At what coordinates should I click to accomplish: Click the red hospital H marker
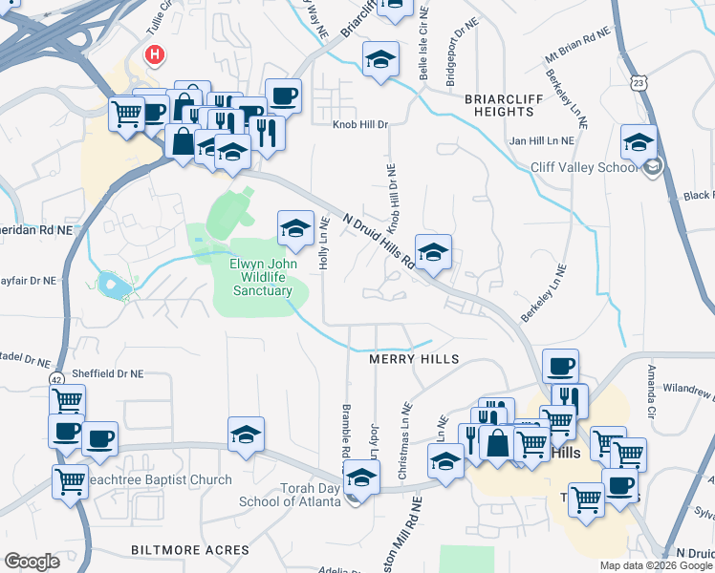tap(153, 55)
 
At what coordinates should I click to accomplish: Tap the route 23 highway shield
tap(639, 83)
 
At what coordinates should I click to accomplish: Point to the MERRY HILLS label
tap(414, 358)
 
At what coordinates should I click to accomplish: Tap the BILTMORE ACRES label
tap(176, 550)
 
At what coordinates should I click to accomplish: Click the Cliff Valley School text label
tap(583, 167)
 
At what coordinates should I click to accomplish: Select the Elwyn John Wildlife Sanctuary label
tap(261, 277)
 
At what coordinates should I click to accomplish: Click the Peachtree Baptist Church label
tap(159, 479)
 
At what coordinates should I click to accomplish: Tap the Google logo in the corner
tap(32, 562)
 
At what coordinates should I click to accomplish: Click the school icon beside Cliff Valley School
tap(638, 143)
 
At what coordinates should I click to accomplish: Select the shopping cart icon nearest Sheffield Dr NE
tap(67, 401)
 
